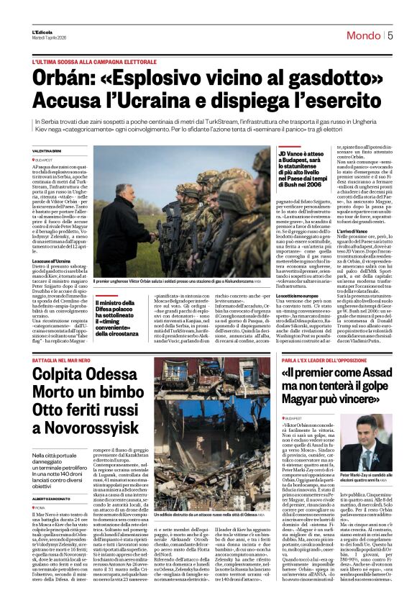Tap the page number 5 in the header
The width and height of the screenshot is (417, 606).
[389, 35]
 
